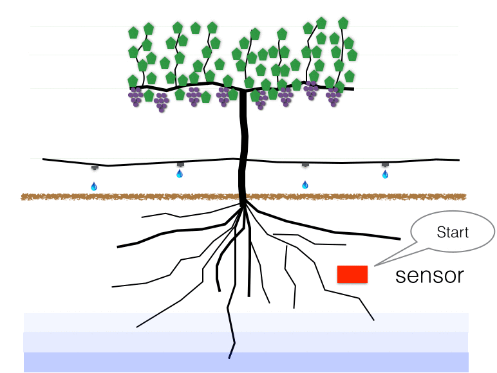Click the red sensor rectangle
[352, 275]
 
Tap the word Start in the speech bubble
[453, 232]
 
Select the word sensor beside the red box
[429, 275]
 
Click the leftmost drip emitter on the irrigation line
[95, 167]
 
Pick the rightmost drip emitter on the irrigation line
[385, 165]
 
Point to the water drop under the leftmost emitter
[94, 186]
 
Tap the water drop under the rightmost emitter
[385, 174]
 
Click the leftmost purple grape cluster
[135, 96]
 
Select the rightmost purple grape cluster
[333, 97]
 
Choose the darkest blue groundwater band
[245, 363]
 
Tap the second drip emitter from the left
[180, 165]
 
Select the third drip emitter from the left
[305, 165]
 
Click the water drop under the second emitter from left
[180, 174]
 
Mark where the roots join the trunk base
[244, 204]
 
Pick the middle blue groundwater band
[245, 342]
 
